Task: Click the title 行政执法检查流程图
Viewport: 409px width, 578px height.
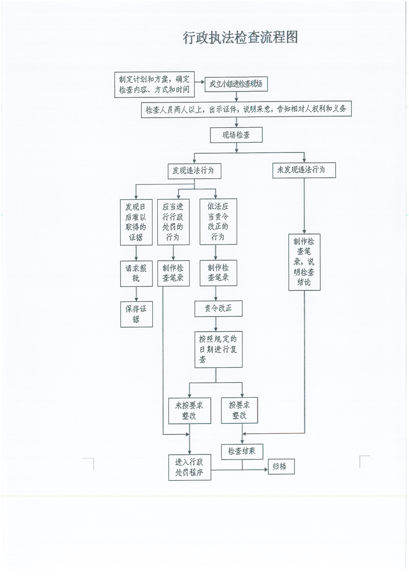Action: click(241, 38)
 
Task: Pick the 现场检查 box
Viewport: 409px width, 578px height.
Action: click(236, 135)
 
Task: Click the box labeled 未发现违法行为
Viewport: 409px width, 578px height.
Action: click(304, 169)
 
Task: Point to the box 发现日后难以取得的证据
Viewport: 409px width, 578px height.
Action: click(136, 222)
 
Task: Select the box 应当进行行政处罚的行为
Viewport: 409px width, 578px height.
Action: click(173, 222)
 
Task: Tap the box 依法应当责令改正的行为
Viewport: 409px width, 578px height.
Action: click(218, 222)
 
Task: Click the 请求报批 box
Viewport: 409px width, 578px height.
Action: click(136, 274)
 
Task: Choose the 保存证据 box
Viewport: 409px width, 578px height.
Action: click(136, 314)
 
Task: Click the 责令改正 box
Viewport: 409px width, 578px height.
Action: click(218, 308)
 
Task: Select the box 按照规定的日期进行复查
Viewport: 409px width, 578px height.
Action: click(218, 349)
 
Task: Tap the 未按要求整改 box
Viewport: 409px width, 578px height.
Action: click(189, 410)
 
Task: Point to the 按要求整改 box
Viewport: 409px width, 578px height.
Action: click(239, 410)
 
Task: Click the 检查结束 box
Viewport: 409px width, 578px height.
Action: click(242, 451)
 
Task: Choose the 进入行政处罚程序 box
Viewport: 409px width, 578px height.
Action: click(189, 467)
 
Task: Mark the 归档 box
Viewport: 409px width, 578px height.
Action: click(281, 467)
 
